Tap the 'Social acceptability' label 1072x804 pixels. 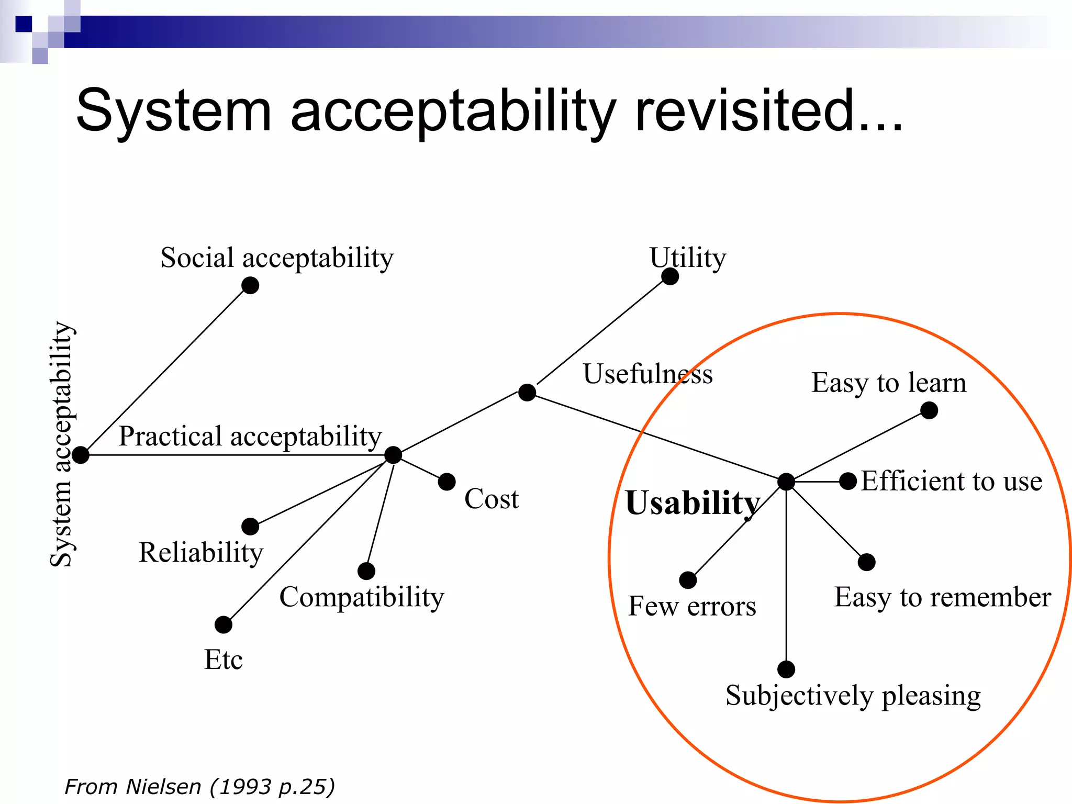coord(277,258)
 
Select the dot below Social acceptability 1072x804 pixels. coord(250,285)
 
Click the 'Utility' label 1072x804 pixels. coord(688,258)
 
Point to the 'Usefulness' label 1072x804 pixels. coord(648,374)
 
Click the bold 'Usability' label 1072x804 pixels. coord(693,503)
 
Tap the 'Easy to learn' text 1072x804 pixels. coord(889,383)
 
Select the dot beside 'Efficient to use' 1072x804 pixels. coord(848,481)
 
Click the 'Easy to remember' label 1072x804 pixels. coord(942,597)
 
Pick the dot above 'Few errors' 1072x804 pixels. coord(688,580)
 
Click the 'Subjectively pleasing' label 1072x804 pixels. coord(853,696)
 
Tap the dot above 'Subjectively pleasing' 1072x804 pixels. coord(786,669)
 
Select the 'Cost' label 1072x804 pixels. coord(492,499)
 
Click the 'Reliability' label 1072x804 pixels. coord(201,553)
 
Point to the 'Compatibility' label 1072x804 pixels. coord(362,597)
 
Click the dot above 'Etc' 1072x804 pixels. coord(224,624)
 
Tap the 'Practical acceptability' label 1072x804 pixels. coord(250,437)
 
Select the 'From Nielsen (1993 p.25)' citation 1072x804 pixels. coord(199,787)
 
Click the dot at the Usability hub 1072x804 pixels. coord(786,482)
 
